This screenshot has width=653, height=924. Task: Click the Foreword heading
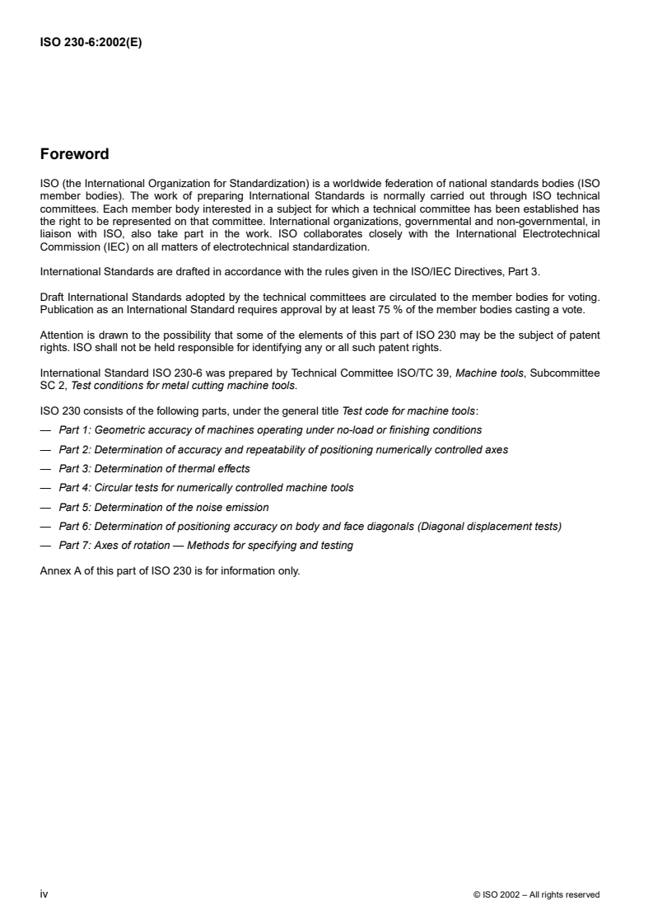click(74, 154)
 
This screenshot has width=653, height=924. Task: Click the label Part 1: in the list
click(76, 429)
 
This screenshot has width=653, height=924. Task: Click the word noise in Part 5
click(206, 507)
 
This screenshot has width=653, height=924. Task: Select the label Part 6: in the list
click(76, 526)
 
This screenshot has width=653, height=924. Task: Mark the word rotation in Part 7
click(155, 546)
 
